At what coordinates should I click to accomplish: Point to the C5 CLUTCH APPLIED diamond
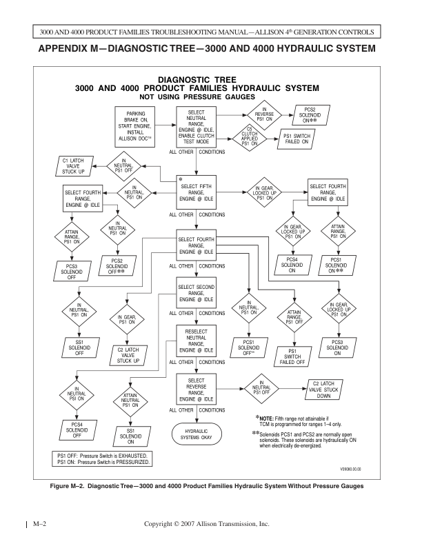tap(253, 138)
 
